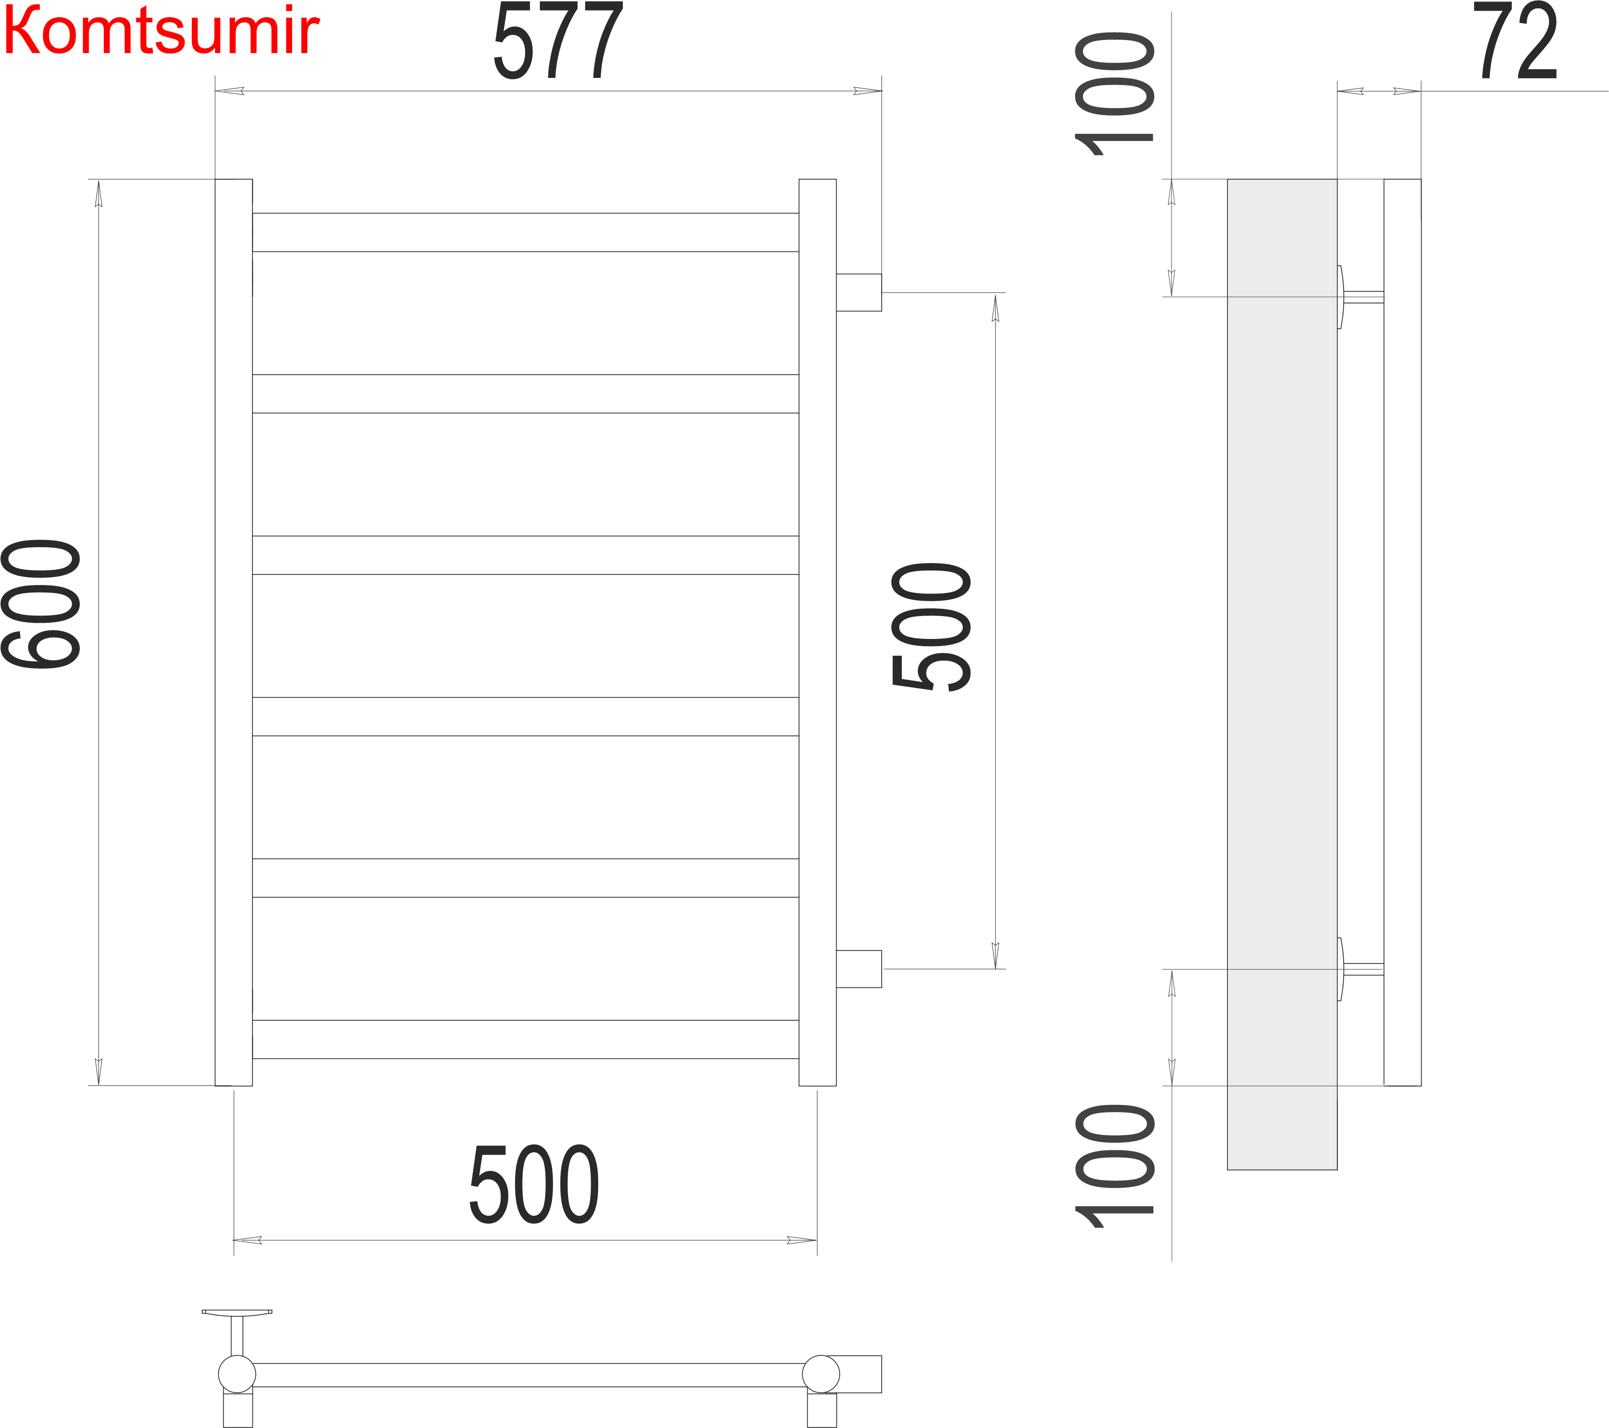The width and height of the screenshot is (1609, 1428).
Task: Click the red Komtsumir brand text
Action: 161,32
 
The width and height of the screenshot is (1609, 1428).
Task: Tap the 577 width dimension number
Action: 558,41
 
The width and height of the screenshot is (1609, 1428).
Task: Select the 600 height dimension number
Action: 41,604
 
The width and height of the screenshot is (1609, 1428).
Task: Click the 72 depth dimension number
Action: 1515,41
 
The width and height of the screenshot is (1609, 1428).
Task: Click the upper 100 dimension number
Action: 1114,95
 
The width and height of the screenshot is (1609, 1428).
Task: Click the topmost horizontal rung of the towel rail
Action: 525,232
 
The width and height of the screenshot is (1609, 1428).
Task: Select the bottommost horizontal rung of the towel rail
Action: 525,1039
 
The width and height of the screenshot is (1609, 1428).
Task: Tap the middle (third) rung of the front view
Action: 525,555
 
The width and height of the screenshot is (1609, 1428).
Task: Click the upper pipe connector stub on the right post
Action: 859,292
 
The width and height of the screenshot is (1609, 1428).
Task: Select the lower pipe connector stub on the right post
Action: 859,969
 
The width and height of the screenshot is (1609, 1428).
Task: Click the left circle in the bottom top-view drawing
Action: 237,1374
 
